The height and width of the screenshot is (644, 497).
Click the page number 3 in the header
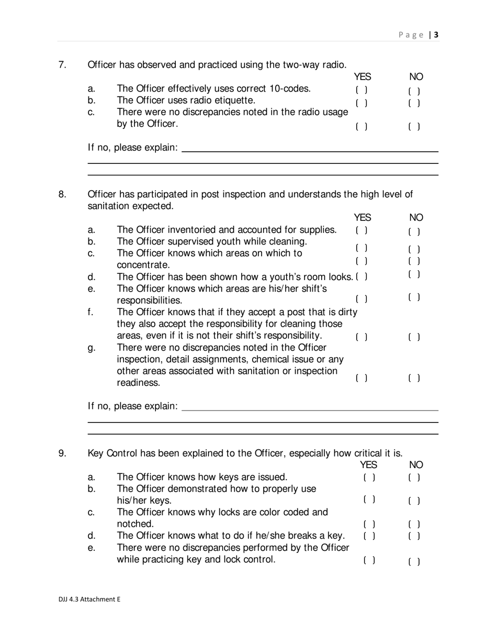(x=436, y=35)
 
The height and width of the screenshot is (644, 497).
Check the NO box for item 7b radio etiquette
(x=414, y=103)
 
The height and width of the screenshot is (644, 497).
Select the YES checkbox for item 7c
(x=362, y=126)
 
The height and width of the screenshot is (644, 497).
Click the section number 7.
(x=62, y=65)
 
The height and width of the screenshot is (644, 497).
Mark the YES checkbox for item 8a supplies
(x=362, y=230)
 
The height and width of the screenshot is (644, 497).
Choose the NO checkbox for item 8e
(x=414, y=297)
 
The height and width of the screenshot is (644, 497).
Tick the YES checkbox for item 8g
(x=362, y=377)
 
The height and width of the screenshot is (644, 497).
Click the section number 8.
(x=62, y=195)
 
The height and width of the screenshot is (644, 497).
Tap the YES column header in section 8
(x=363, y=217)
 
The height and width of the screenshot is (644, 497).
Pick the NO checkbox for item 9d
(x=414, y=536)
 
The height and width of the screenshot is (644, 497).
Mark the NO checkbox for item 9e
(x=414, y=562)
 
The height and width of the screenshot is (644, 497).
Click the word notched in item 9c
(x=135, y=524)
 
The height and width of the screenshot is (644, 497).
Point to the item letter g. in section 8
(x=91, y=348)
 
